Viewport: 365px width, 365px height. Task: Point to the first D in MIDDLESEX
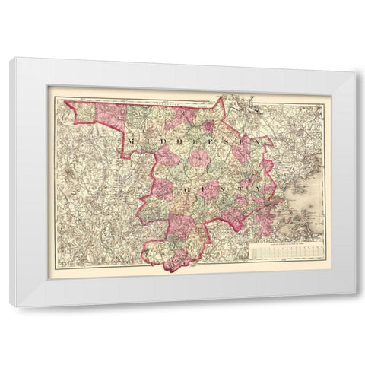tap(159, 141)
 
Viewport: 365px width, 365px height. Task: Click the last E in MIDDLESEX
tap(243, 141)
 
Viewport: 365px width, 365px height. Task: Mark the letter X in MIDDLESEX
tap(260, 141)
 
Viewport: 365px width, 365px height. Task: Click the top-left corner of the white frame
tap(11, 59)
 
